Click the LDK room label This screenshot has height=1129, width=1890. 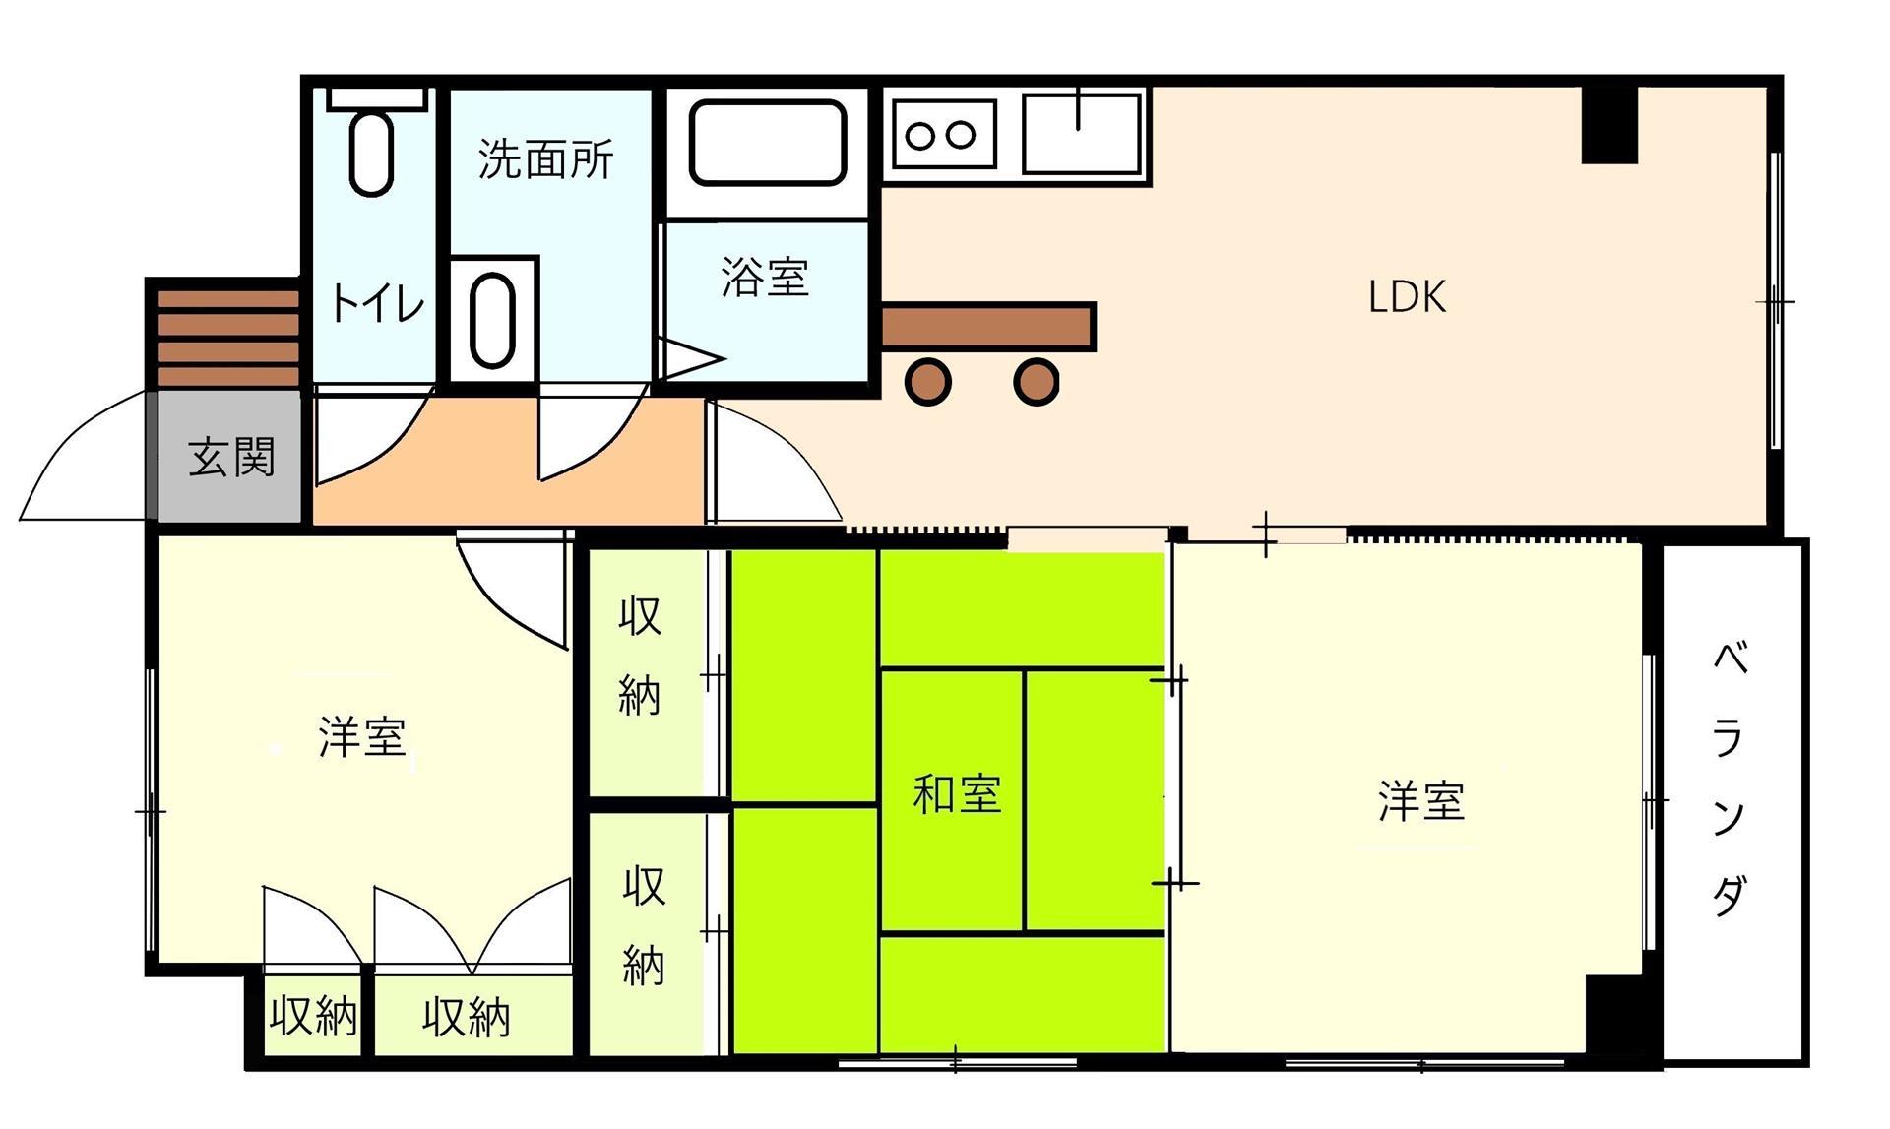pyautogui.click(x=1407, y=296)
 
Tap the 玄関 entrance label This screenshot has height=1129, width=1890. pyautogui.click(x=231, y=457)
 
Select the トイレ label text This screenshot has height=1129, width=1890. pyautogui.click(x=376, y=303)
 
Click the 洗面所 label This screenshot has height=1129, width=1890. pyautogui.click(x=546, y=158)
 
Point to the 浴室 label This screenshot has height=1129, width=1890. pyautogui.click(x=765, y=278)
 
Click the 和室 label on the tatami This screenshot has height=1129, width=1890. pyautogui.click(x=957, y=794)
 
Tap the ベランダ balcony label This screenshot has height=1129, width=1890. pyautogui.click(x=1730, y=778)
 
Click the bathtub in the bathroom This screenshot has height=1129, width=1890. pyautogui.click(x=768, y=142)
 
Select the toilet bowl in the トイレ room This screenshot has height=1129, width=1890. pyautogui.click(x=372, y=154)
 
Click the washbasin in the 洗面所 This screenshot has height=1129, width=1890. pyautogui.click(x=493, y=320)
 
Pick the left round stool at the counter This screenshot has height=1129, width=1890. pyautogui.click(x=928, y=382)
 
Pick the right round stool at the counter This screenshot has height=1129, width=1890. pyautogui.click(x=1036, y=382)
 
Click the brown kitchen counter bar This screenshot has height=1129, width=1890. pyautogui.click(x=987, y=326)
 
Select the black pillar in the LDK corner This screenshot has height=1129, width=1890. pyautogui.click(x=1609, y=124)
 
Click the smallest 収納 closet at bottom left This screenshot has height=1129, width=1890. pyautogui.click(x=313, y=1016)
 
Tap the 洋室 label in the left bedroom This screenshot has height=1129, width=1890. pyautogui.click(x=361, y=736)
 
